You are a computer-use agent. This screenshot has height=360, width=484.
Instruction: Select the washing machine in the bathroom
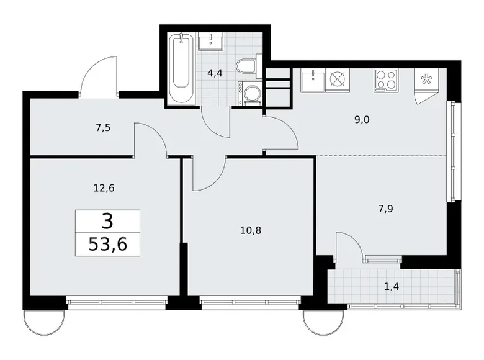pyautogui.click(x=251, y=94)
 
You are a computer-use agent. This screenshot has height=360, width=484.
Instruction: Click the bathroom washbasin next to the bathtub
pyautogui.click(x=215, y=41)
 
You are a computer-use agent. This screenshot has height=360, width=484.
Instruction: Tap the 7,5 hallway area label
pyautogui.click(x=104, y=128)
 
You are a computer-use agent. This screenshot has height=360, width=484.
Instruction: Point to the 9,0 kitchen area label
pyautogui.click(x=362, y=120)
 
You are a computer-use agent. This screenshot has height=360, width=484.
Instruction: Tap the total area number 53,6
pyautogui.click(x=107, y=245)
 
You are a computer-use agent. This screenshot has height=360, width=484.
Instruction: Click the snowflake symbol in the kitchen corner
pyautogui.click(x=427, y=79)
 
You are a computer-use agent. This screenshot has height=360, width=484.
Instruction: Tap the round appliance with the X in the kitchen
pyautogui.click(x=338, y=79)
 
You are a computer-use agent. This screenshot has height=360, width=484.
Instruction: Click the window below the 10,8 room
pyautogui.click(x=250, y=304)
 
